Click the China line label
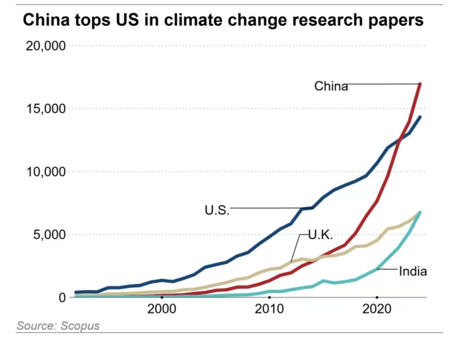[331, 86]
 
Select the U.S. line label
[217, 210]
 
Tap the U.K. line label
[320, 235]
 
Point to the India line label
[412, 271]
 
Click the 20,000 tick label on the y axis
[46, 46]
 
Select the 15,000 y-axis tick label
[46, 109]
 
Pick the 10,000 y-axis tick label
[46, 172]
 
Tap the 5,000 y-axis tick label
[49, 235]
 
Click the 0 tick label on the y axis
[62, 297]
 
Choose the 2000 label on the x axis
[162, 309]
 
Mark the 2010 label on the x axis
[269, 309]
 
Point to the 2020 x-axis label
[377, 309]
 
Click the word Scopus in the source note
[80, 325]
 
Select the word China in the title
[46, 20]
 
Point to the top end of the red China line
[420, 84]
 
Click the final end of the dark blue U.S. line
[420, 117]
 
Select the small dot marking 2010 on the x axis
[269, 297]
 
